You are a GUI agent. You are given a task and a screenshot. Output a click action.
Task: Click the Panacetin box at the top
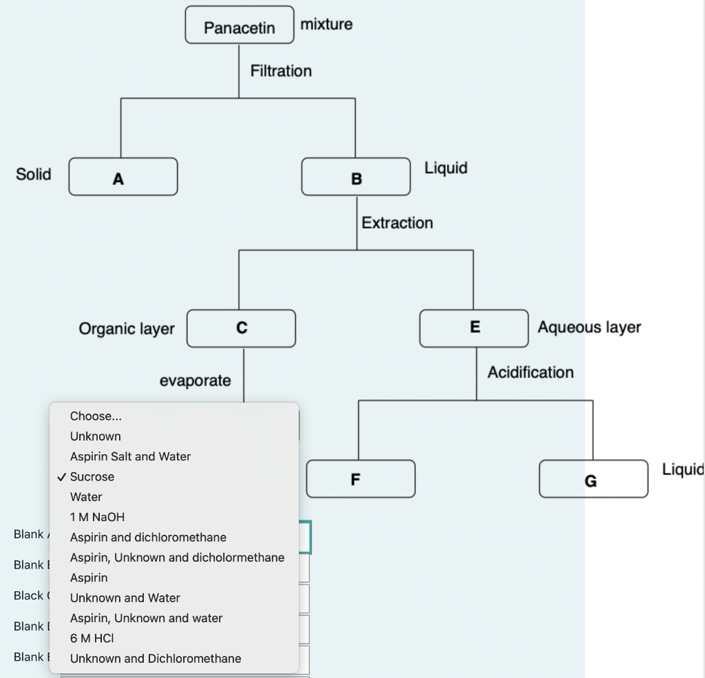(239, 27)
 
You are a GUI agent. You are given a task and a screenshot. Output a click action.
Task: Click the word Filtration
(281, 71)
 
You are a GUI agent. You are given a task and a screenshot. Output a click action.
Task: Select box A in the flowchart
(123, 178)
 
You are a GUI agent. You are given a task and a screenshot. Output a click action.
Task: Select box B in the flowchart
(356, 178)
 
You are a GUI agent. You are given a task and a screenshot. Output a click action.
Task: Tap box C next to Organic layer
(241, 328)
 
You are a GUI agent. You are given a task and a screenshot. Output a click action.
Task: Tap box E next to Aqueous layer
(474, 328)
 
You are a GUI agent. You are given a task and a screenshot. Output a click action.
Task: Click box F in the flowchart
(361, 479)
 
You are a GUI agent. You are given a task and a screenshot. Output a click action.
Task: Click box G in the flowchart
(593, 479)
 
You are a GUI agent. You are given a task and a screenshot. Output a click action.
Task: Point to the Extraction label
(397, 223)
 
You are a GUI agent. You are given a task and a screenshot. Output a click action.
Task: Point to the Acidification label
(530, 372)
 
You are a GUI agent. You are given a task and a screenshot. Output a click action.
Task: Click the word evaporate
(196, 381)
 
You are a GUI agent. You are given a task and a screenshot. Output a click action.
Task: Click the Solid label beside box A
(34, 174)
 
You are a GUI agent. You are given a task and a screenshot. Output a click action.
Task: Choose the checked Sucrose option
(92, 476)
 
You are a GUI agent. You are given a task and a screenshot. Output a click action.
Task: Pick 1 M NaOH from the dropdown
(97, 517)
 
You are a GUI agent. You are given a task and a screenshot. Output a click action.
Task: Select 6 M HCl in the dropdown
(92, 638)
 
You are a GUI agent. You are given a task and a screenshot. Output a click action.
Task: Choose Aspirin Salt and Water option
(130, 456)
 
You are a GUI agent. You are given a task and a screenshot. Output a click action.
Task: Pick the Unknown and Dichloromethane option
(156, 659)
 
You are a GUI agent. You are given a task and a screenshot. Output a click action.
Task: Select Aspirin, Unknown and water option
(146, 618)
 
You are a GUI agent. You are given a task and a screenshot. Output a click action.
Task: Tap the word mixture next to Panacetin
(326, 24)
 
